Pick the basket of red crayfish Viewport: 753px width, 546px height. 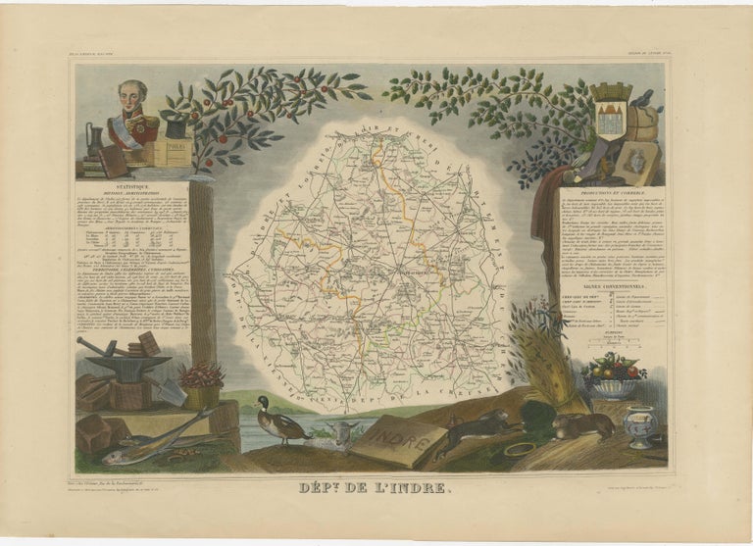click(x=203, y=377)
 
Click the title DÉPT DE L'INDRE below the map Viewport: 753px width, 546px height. click(x=376, y=487)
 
